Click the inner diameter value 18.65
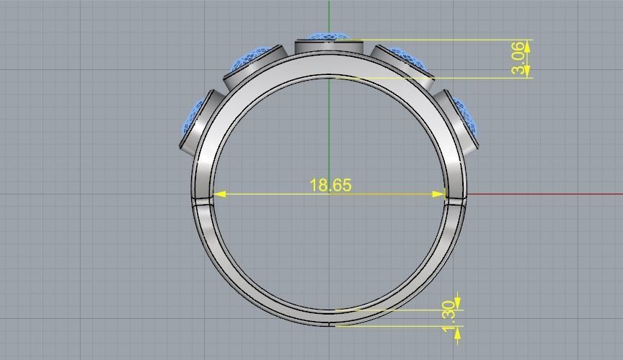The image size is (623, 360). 330,185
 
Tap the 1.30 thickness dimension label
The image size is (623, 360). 449,312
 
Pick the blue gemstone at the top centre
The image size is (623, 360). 328,36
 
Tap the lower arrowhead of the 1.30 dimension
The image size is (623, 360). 457,330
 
